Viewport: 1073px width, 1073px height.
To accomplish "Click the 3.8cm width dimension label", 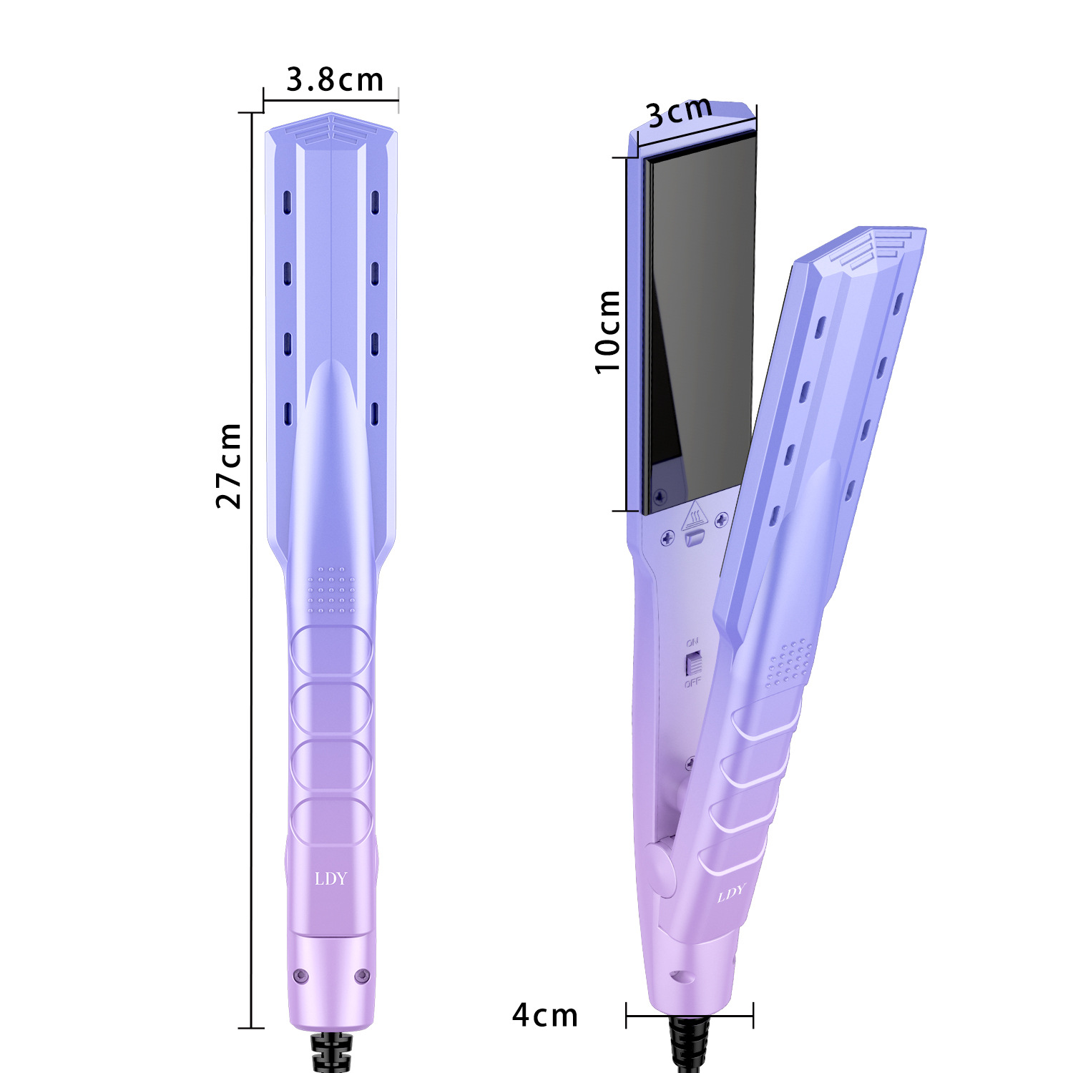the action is pos(335,79).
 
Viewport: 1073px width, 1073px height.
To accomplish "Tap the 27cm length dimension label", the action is pos(229,465).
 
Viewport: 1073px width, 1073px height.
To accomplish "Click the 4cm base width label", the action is pos(544,1015).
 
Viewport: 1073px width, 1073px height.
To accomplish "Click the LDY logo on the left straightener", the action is pos(330,878).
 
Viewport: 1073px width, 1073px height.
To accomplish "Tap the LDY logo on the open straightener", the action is pos(731,893).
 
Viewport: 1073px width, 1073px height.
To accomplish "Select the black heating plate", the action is pos(700,322).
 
